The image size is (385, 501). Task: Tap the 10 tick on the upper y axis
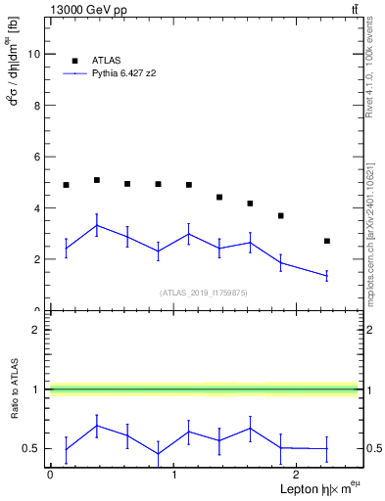(36, 55)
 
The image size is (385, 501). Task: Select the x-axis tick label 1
(173, 475)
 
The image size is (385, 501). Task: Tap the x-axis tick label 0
(50, 475)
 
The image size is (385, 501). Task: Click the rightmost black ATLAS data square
(327, 241)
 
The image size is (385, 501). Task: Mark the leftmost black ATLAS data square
(66, 185)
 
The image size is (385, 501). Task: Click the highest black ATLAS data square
(96, 180)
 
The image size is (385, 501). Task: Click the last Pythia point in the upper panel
(327, 276)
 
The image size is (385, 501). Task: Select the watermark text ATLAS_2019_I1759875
(204, 292)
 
